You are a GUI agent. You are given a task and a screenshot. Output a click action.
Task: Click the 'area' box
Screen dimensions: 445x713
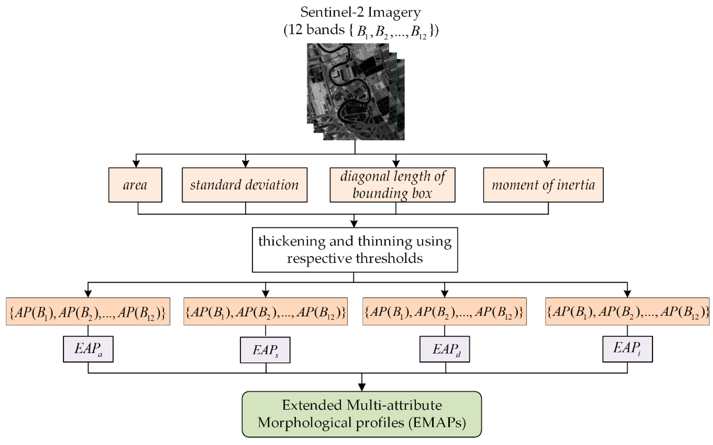[x=135, y=185]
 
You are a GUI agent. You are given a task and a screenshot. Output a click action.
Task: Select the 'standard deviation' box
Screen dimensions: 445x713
[x=244, y=185]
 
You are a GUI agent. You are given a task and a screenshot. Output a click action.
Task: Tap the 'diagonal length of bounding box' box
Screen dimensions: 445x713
[x=392, y=185]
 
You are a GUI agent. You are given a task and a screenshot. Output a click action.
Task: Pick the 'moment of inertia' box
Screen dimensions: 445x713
[x=543, y=185]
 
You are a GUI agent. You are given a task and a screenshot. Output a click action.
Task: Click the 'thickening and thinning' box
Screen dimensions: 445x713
[x=355, y=250]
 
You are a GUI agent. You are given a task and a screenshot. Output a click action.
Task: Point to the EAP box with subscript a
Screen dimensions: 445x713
[x=88, y=349]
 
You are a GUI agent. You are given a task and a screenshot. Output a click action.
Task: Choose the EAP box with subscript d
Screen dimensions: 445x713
[x=444, y=349]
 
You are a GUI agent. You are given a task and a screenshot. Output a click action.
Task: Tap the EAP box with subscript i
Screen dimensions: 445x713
[x=627, y=349]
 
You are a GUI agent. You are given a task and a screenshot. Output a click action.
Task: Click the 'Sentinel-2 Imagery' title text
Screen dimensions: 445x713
[x=360, y=12]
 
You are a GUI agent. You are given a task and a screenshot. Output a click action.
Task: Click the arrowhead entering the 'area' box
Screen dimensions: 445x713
[x=136, y=164]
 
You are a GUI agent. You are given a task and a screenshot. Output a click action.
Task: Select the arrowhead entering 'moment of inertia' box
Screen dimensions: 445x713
[x=546, y=164]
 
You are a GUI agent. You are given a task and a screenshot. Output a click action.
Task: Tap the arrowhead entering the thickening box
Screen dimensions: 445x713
[x=354, y=224]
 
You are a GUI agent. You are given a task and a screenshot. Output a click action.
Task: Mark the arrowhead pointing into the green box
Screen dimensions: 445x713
[x=362, y=387]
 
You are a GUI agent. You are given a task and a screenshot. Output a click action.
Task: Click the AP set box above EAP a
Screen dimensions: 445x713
[x=88, y=312]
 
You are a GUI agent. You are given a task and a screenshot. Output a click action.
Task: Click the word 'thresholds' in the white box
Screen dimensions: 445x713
[x=389, y=258]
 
